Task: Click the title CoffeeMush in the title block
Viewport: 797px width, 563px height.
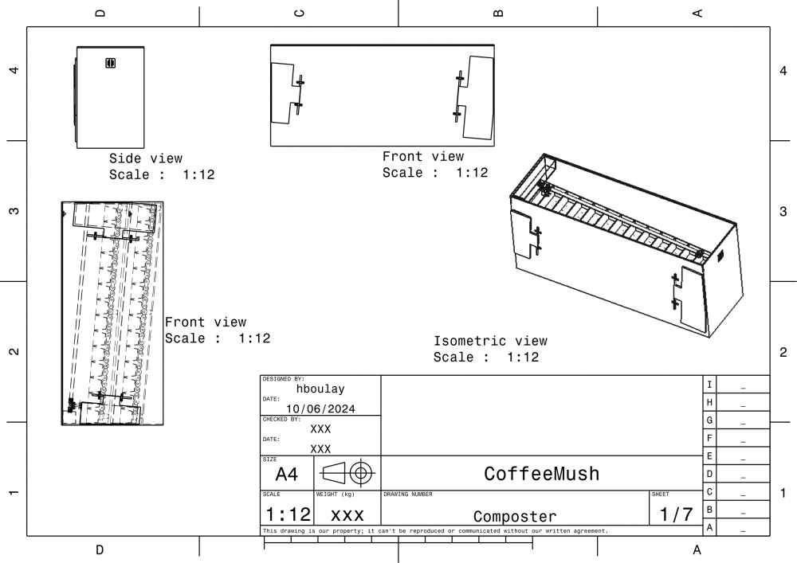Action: pos(541,474)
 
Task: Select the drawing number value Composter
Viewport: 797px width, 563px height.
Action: pos(515,516)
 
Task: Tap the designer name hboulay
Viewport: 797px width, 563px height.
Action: pos(320,389)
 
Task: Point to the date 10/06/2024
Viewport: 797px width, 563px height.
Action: pos(320,409)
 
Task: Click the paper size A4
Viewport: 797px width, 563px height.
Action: pos(286,474)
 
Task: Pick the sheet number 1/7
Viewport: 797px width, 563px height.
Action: pos(676,514)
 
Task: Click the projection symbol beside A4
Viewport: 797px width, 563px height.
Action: pos(347,473)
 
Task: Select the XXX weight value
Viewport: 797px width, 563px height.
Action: pos(347,515)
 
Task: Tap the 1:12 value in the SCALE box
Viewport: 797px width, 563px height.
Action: pos(288,514)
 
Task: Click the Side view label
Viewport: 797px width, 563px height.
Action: pos(146,158)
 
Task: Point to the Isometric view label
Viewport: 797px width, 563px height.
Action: pos(490,341)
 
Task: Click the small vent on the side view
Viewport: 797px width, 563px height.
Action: pos(110,63)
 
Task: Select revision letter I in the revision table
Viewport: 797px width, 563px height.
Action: pos(709,385)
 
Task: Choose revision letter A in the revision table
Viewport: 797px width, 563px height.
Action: pos(709,527)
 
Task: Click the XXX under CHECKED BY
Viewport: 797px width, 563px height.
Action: pos(320,429)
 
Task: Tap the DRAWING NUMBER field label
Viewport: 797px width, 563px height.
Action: pos(407,494)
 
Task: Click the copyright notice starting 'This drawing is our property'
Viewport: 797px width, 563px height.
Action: pos(435,531)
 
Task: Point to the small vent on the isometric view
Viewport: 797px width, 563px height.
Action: pos(720,256)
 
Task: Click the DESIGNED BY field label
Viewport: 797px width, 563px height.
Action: pos(283,379)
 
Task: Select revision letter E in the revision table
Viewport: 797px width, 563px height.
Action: pos(709,455)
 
